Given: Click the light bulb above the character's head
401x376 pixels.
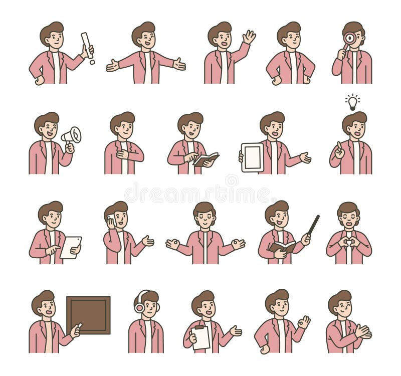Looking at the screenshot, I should click(x=353, y=102).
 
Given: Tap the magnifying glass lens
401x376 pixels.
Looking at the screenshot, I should click(x=349, y=38).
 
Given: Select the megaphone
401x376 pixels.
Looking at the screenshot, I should click(x=72, y=135).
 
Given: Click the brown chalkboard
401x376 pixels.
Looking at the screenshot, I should click(x=88, y=315).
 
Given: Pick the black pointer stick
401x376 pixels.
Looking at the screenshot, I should click(x=313, y=225).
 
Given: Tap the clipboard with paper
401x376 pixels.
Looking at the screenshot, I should click(x=200, y=337).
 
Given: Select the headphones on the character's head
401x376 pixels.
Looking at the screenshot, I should click(x=139, y=302).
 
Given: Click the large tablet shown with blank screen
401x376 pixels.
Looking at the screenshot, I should click(x=252, y=157).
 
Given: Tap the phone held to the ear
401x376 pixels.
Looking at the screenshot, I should click(x=111, y=220).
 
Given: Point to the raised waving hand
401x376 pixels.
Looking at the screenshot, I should click(x=249, y=37).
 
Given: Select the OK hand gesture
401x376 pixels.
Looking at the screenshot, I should click(x=304, y=322).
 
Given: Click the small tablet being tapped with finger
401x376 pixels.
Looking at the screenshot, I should click(x=71, y=247).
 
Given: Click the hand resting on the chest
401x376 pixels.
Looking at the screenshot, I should click(x=123, y=154).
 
